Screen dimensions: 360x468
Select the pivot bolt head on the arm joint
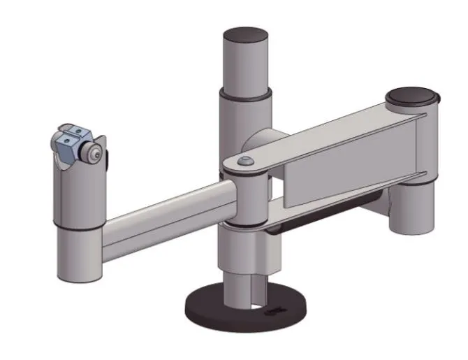(244, 161)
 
